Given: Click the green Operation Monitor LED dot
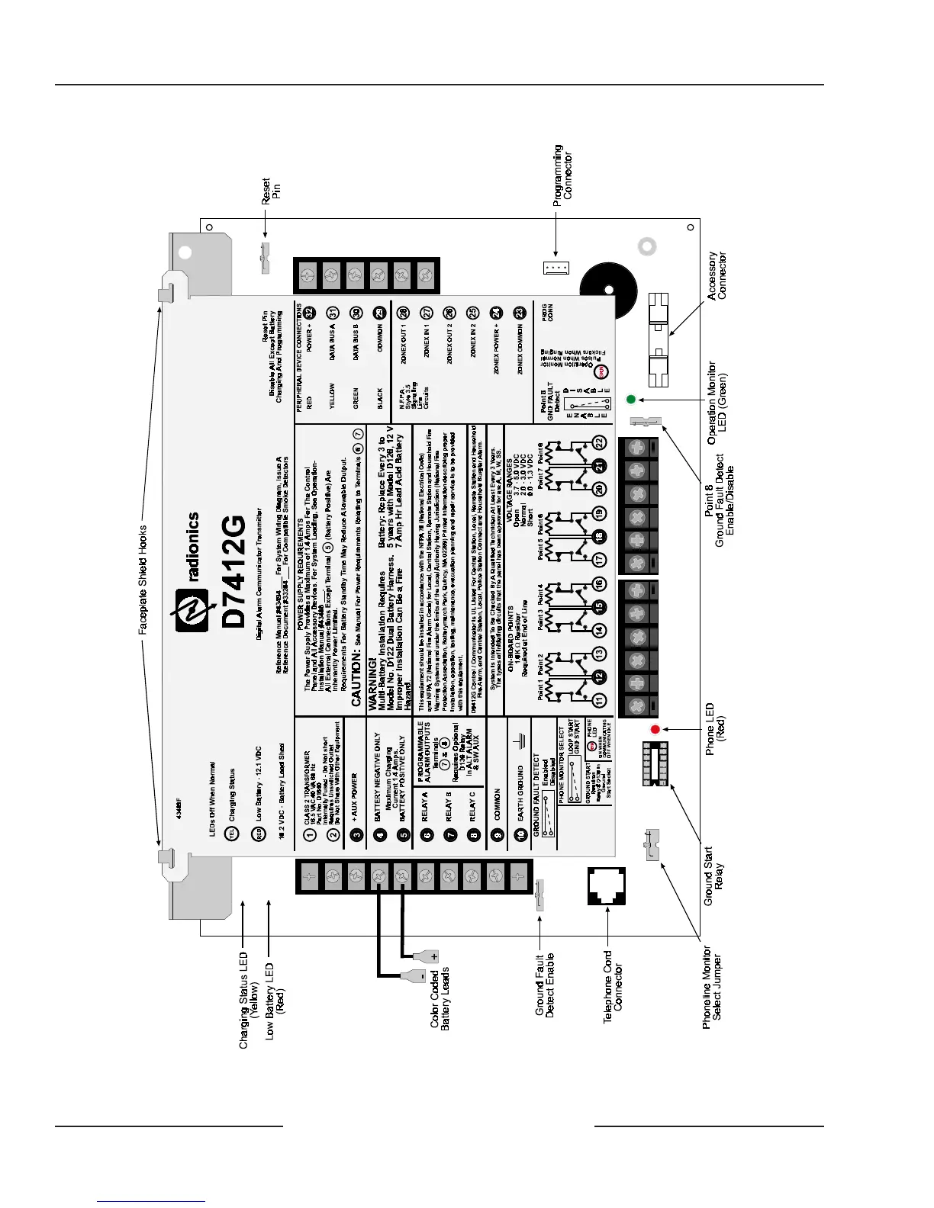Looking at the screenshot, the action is pyautogui.click(x=630, y=399).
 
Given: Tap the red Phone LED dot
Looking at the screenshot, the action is pyautogui.click(x=655, y=729).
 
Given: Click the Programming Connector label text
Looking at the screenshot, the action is pyautogui.click(x=563, y=175).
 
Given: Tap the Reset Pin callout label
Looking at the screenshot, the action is pyautogui.click(x=271, y=191).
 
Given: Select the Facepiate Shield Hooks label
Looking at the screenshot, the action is pyautogui.click(x=143, y=580).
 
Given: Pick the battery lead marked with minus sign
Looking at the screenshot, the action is pyautogui.click(x=415, y=975).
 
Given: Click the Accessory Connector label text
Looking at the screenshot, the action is pyautogui.click(x=717, y=275).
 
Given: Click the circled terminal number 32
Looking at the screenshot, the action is pyautogui.click(x=309, y=313).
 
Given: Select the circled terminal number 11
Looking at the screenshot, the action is pyautogui.click(x=599, y=700).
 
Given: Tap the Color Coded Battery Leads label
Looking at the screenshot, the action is pyautogui.click(x=440, y=998).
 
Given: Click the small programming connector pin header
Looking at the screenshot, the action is pyautogui.click(x=556, y=268).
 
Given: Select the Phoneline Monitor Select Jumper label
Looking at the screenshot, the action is pyautogui.click(x=712, y=988).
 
